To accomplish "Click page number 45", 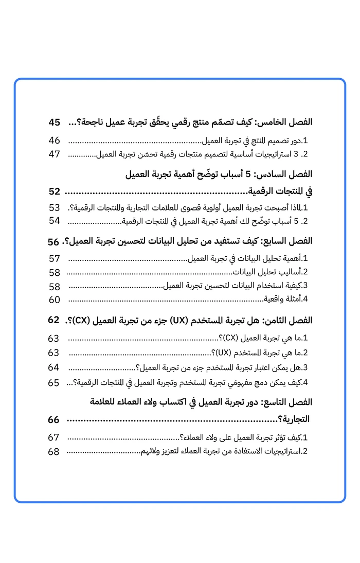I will [x=55, y=122].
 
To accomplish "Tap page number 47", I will [x=55, y=154].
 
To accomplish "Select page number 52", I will [x=55, y=192].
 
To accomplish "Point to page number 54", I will [x=55, y=221].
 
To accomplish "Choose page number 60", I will [x=55, y=300].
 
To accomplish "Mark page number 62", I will [x=54, y=320].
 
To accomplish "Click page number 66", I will [x=54, y=420].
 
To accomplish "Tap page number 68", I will [x=54, y=452].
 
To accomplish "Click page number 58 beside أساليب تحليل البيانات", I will [x=55, y=272].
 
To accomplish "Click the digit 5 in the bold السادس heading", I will [x=247, y=174].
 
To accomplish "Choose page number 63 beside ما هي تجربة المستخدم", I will [x=54, y=353].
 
